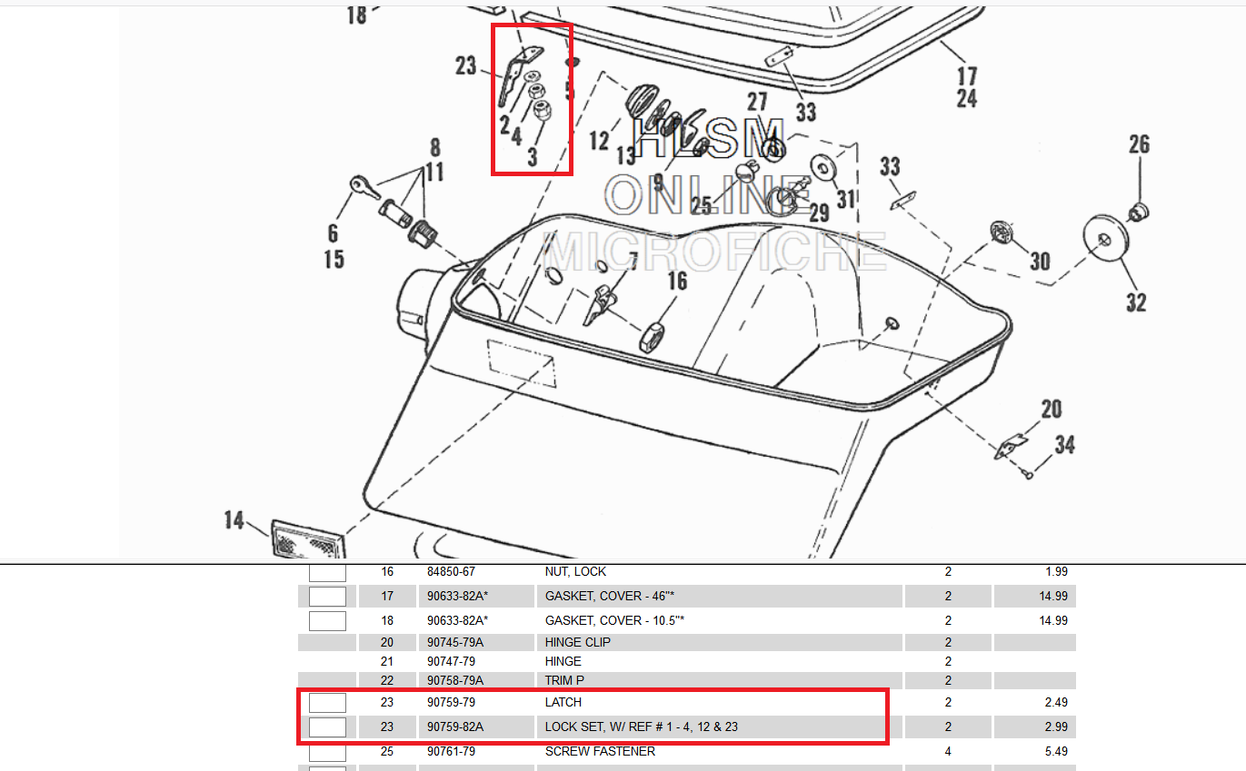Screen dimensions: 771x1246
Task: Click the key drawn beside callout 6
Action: pos(362,188)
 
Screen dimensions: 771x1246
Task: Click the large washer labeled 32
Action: pos(1105,239)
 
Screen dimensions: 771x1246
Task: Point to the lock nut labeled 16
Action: pos(654,335)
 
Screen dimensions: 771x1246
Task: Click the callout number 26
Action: pos(1139,145)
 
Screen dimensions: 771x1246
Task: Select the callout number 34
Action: pos(1064,446)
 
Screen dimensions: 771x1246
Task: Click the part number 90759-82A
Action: pos(455,727)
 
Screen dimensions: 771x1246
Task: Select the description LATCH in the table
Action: pos(563,702)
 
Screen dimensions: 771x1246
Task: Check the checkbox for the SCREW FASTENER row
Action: pos(327,752)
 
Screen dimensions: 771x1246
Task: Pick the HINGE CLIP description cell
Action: pos(578,642)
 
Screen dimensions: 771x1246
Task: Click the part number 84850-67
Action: pos(452,572)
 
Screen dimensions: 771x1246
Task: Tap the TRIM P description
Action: pos(564,680)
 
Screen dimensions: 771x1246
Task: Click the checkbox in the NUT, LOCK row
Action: pos(327,572)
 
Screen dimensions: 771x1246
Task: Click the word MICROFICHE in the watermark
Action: pos(714,252)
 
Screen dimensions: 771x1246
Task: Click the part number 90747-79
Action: pos(452,661)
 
